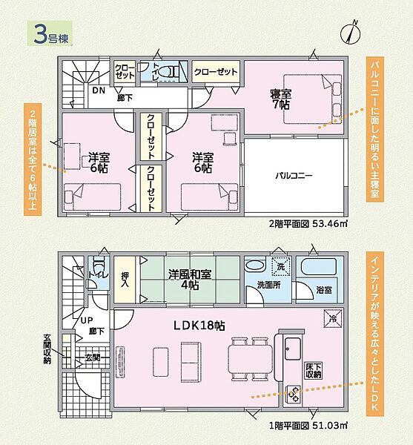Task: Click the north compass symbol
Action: pyautogui.click(x=350, y=33)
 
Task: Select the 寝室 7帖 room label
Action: pyautogui.click(x=280, y=99)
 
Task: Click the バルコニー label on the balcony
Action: pyautogui.click(x=294, y=175)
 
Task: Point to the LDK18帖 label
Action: pyautogui.click(x=199, y=326)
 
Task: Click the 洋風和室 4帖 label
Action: pyautogui.click(x=190, y=280)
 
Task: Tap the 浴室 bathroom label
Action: pyautogui.click(x=324, y=290)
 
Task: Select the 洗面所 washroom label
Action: pyautogui.click(x=268, y=285)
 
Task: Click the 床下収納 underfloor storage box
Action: pyautogui.click(x=314, y=370)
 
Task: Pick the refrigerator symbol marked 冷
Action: pyautogui.click(x=333, y=318)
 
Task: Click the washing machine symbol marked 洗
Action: pyautogui.click(x=281, y=266)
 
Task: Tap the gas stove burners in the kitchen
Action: pyautogui.click(x=293, y=394)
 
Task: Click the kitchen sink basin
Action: pyautogui.click(x=292, y=349)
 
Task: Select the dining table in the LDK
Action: pyautogui.click(x=250, y=359)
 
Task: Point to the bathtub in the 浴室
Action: pyautogui.click(x=319, y=267)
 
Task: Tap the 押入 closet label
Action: pyautogui.click(x=125, y=280)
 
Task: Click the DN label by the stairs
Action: pyautogui.click(x=99, y=90)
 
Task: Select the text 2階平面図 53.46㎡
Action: pyautogui.click(x=308, y=224)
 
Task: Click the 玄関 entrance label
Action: pyautogui.click(x=93, y=357)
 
